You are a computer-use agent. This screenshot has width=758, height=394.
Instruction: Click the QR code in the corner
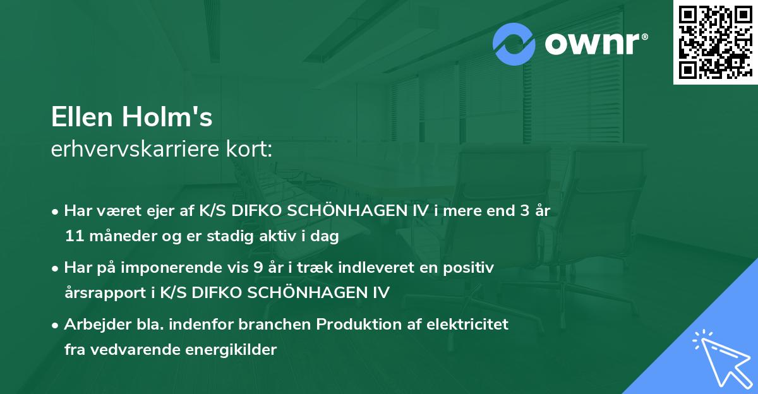click(715, 42)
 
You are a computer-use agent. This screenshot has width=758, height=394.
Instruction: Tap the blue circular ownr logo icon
click(514, 44)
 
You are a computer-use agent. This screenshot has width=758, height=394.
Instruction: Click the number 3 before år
click(524, 211)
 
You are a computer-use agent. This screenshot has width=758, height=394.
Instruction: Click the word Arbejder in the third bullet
click(93, 324)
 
